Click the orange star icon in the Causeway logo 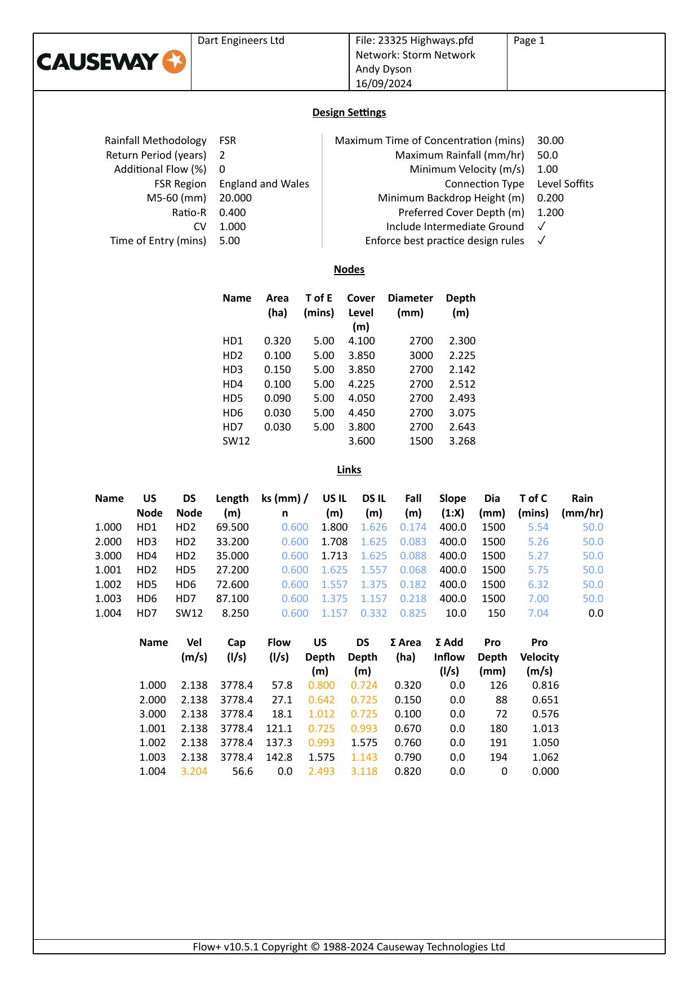point(174,62)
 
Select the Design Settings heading point(349,113)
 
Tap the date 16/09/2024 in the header point(384,83)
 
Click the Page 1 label point(529,41)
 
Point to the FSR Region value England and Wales point(264,184)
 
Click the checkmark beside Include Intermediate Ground point(541,226)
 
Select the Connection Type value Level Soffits point(565,184)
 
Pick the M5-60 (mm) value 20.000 point(235,198)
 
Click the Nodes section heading point(349,270)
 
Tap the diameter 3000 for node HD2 point(421,356)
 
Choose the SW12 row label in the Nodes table point(236,441)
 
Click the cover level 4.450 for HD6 point(361,413)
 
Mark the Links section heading point(349,470)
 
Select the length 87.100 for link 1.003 point(232,599)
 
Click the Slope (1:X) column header point(452,505)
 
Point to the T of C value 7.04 point(538,613)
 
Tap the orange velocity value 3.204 point(194,771)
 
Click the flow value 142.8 point(279,757)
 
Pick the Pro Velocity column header point(539,657)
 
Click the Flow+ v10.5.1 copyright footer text point(349,947)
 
